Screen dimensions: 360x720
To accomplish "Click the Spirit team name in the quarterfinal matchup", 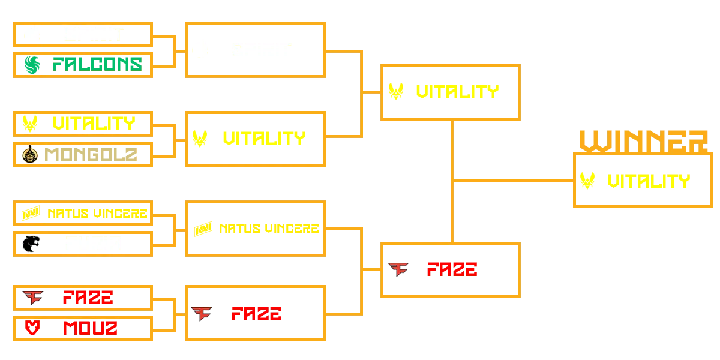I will click(x=93, y=34).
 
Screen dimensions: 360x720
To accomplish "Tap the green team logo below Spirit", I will click(x=32, y=64).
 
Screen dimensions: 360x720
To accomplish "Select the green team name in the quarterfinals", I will click(x=97, y=64).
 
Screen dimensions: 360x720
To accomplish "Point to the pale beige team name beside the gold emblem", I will click(x=91, y=155).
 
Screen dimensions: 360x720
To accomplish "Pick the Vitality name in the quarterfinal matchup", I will click(x=94, y=124).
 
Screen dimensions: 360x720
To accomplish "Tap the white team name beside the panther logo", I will click(x=93, y=244).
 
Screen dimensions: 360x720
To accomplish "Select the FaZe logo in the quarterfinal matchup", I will click(x=35, y=296).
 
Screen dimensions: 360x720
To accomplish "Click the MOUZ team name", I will click(x=91, y=328).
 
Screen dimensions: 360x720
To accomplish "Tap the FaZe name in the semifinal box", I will click(x=256, y=313).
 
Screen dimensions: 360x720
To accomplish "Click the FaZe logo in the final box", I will click(x=398, y=269).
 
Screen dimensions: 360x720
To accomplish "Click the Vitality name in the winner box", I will click(x=648, y=182).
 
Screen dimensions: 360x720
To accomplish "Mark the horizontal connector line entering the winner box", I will click(x=513, y=179).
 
